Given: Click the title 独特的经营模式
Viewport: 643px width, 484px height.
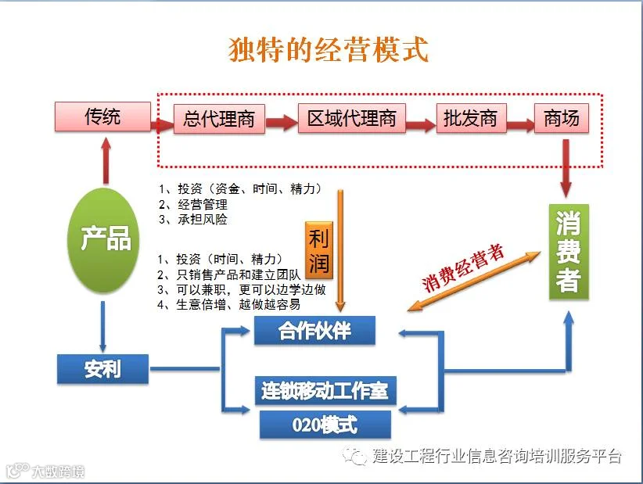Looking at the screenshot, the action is point(329,49).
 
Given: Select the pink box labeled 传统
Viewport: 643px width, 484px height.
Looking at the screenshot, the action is point(102,117).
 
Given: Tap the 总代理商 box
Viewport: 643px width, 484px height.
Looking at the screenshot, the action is point(219,119).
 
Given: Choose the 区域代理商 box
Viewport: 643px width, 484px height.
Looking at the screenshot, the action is point(352,118).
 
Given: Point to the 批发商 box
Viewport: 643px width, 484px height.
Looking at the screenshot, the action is point(471,118).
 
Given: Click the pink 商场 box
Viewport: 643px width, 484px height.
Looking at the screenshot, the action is point(562,118).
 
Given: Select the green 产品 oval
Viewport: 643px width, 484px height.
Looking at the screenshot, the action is point(104,240).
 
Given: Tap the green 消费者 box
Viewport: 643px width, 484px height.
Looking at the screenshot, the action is point(569,252).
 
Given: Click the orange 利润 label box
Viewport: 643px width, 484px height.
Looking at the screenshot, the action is point(319,250).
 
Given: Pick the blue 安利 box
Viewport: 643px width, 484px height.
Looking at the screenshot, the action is point(102,369).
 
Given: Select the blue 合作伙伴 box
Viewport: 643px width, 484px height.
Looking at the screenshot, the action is point(314,330).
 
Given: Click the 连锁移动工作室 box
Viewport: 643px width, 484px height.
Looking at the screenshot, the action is point(325,390).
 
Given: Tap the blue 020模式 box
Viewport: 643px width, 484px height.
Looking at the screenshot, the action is point(325,425).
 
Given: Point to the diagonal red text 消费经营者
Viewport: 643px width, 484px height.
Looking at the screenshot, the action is point(463,268).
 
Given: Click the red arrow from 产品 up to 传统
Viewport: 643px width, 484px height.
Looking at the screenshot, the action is point(106,160).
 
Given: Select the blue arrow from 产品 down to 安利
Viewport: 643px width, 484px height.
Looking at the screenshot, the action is point(102,327).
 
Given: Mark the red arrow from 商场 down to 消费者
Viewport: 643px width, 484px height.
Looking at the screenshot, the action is point(566,168).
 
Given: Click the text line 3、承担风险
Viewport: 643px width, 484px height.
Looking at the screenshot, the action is point(193,220).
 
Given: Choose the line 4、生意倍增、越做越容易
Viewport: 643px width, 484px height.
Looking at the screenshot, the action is point(229,304).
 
